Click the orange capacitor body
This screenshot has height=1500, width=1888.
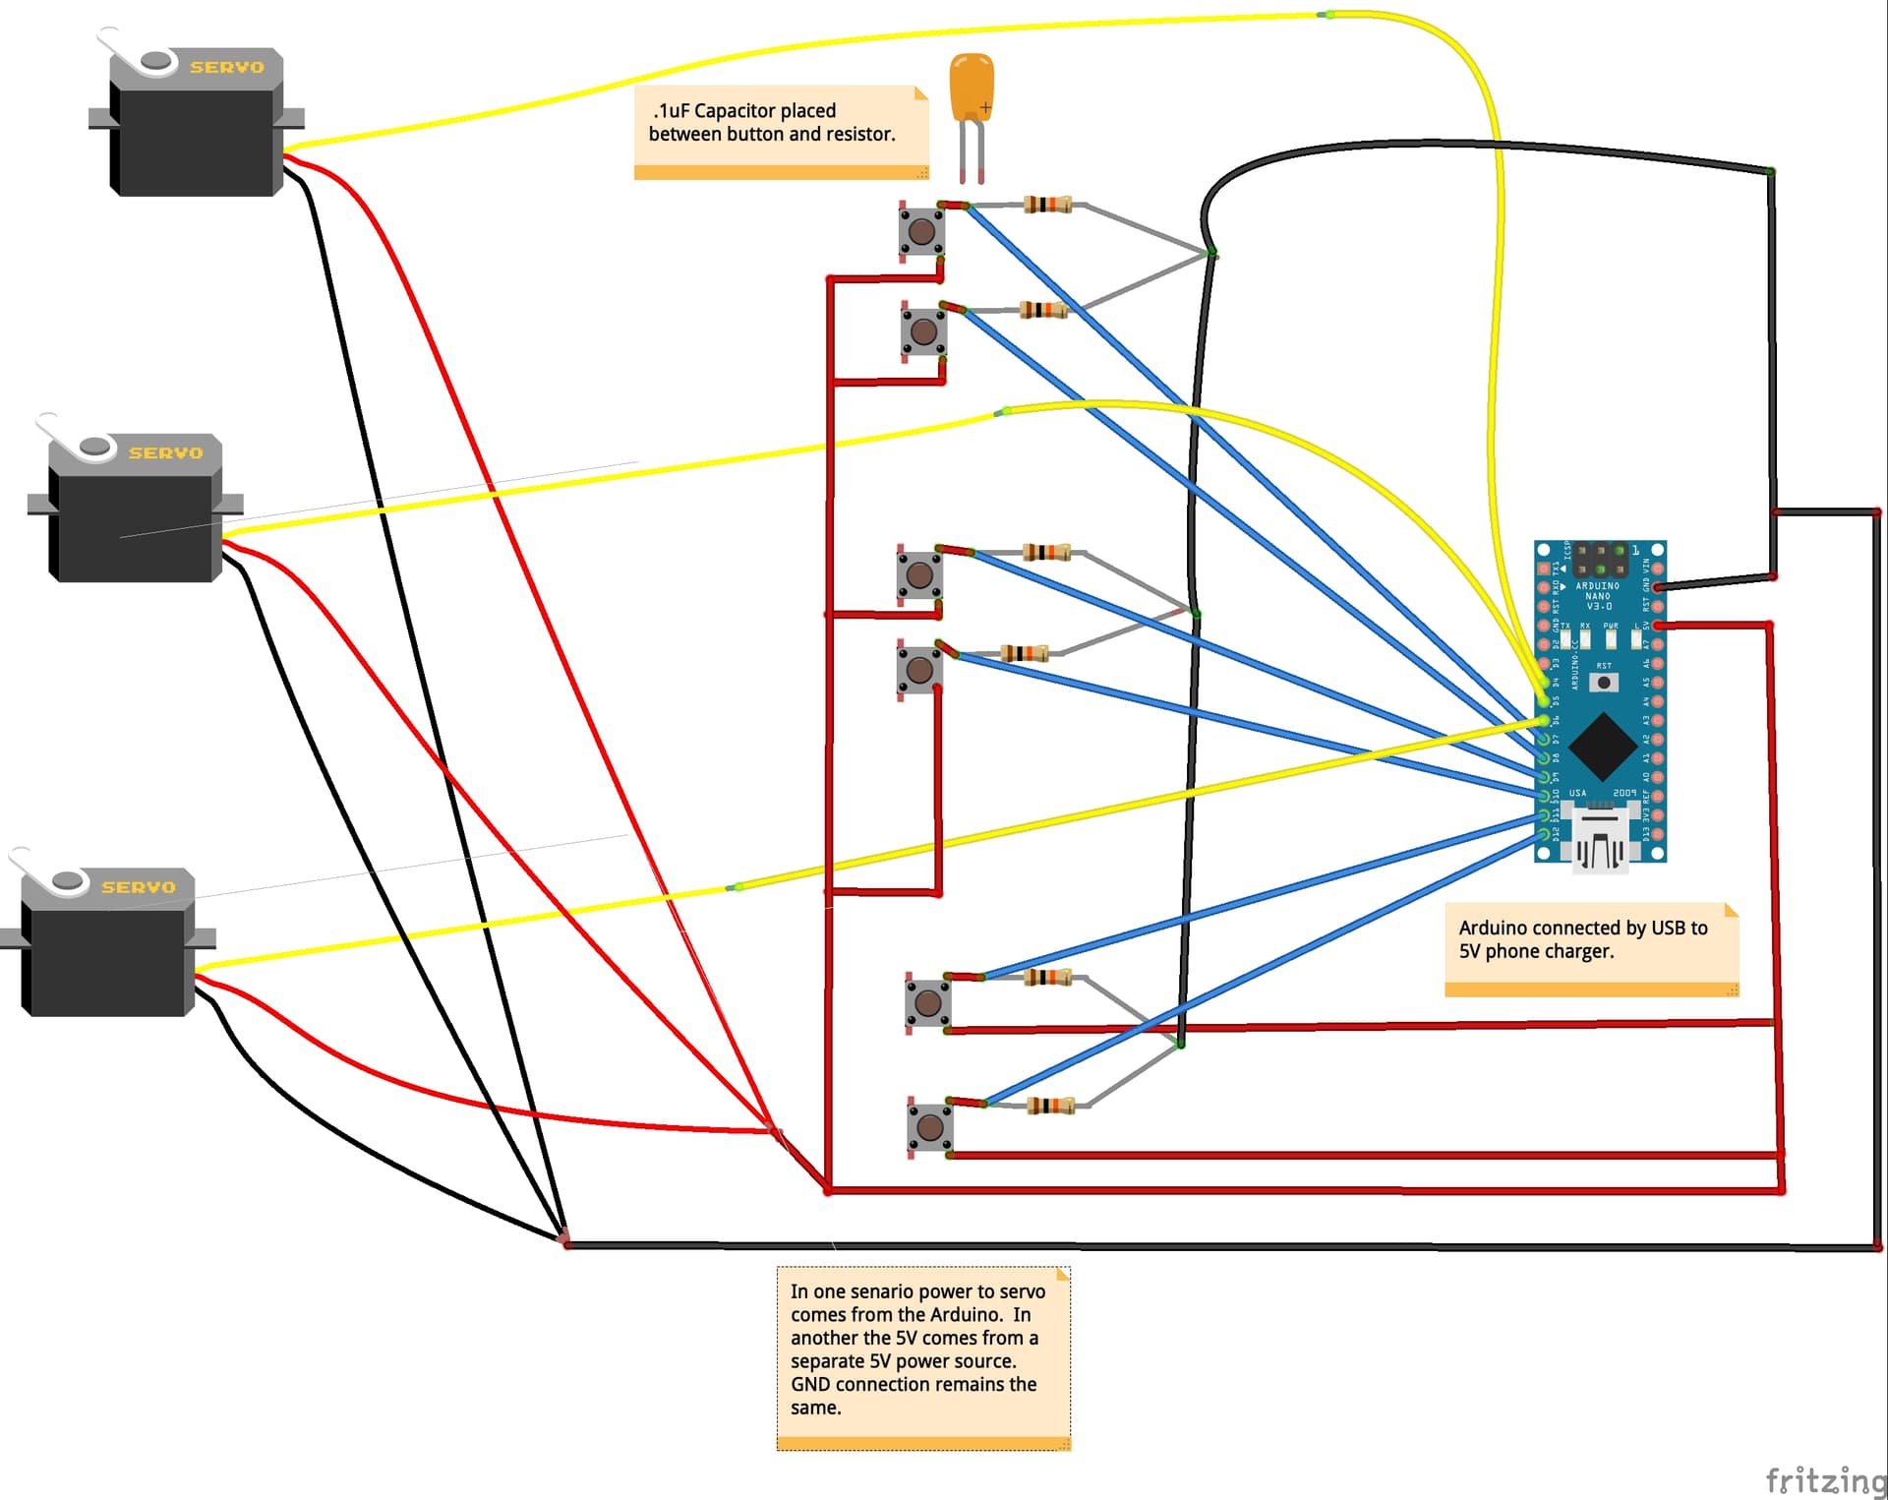pyautogui.click(x=972, y=87)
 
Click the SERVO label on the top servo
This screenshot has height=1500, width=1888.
pyautogui.click(x=227, y=67)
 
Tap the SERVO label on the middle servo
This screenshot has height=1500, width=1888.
pyautogui.click(x=166, y=452)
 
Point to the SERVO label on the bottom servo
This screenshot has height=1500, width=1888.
pyautogui.click(x=139, y=887)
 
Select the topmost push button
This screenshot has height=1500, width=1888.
pyautogui.click(x=921, y=231)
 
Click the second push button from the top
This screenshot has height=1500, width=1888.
pyautogui.click(x=923, y=331)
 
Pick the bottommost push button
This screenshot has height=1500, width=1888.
pyautogui.click(x=929, y=1127)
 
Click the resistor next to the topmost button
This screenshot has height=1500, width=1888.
pyautogui.click(x=1047, y=205)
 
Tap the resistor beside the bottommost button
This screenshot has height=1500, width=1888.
pyautogui.click(x=1050, y=1106)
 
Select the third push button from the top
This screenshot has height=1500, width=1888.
pyautogui.click(x=919, y=574)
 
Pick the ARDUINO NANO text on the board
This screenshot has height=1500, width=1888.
pyautogui.click(x=1598, y=591)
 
